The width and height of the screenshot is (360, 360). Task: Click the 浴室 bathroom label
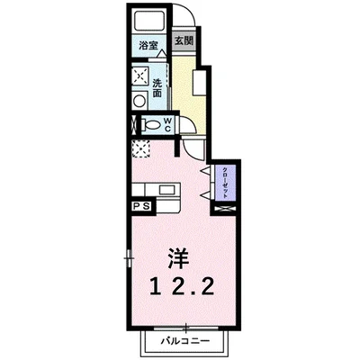click(x=148, y=44)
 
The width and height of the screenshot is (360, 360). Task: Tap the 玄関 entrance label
click(x=184, y=40)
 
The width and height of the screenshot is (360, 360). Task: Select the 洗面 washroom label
click(x=157, y=86)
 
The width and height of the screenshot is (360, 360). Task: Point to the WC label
click(x=167, y=125)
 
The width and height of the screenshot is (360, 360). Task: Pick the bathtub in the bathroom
click(x=148, y=22)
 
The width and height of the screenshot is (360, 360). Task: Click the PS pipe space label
click(x=141, y=206)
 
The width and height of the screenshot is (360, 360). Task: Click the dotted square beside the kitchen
click(x=140, y=148)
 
